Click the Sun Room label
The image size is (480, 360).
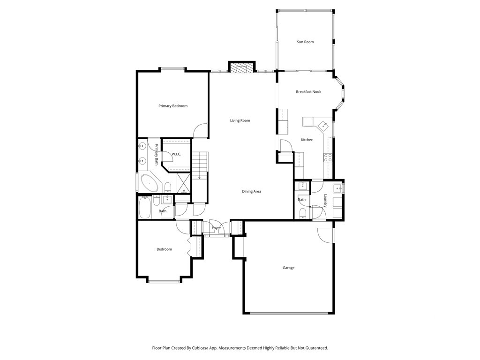(x=305, y=42)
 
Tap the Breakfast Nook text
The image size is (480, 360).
(x=308, y=91)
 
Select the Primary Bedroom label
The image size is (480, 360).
(x=173, y=106)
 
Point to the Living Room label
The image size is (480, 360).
(x=240, y=120)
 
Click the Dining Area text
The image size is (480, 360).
(x=252, y=192)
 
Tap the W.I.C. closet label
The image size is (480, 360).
(x=176, y=154)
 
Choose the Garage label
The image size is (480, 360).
(x=288, y=268)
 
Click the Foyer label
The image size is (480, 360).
(x=217, y=228)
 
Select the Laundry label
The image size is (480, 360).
(x=325, y=201)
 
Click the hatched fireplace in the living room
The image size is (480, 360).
(x=242, y=68)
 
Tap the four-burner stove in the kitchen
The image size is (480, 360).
(x=328, y=157)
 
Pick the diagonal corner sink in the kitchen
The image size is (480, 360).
(x=323, y=126)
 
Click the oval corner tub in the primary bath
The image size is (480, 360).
(x=150, y=183)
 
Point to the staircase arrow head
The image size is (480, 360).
(x=199, y=178)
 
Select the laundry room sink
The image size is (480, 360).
(x=338, y=188)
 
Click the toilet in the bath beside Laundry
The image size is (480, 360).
(x=302, y=213)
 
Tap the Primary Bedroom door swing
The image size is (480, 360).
(x=201, y=130)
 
